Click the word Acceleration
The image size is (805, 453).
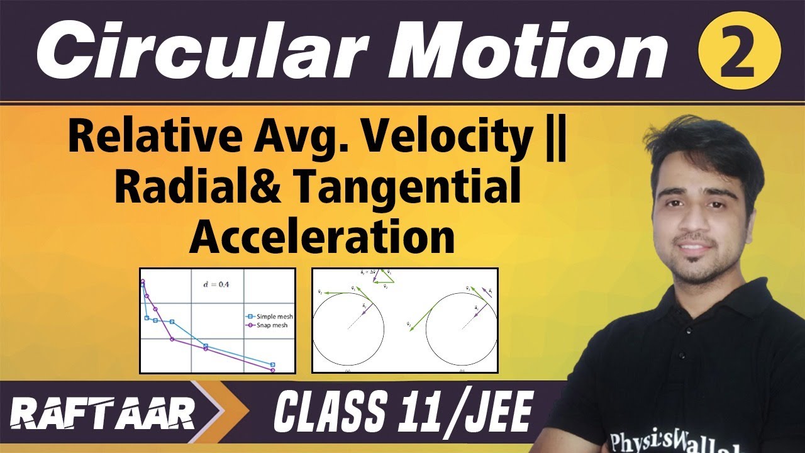coord(321,237)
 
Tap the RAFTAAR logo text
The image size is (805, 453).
coord(104,415)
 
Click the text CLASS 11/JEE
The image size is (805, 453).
coord(402,414)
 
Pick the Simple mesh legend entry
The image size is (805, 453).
coord(269,316)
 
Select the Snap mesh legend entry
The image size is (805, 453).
coord(269,325)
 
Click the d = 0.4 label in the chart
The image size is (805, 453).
coord(218,284)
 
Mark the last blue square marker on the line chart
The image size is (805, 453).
coord(273,364)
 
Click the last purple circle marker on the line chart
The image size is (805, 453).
coord(273,370)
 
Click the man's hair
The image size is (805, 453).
coord(704,142)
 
